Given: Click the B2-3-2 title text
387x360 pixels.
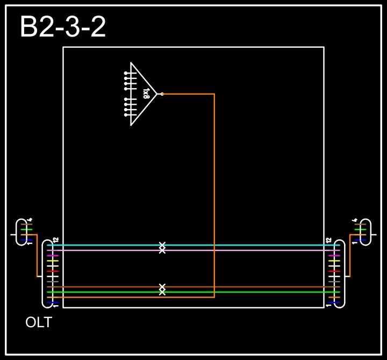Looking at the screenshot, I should [62, 27].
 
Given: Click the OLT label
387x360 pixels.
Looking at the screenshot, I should [39, 323].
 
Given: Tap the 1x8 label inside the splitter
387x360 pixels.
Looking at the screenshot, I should [146, 94].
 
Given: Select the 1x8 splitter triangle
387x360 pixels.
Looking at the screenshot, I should [141, 94].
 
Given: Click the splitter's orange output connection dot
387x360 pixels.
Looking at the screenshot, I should [162, 94].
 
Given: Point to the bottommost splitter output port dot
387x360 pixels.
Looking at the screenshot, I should [126, 115].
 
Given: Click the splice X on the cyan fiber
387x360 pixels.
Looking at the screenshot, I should [162, 245].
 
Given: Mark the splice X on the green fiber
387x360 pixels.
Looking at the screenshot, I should [162, 292].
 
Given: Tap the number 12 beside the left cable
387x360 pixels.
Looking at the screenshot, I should [55, 240].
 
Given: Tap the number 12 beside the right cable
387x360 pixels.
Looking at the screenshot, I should [328, 240].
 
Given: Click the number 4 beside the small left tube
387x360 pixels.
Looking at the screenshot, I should [30, 219].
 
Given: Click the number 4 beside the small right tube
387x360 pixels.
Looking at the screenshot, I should [355, 219].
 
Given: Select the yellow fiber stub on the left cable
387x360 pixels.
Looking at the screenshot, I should [52, 261].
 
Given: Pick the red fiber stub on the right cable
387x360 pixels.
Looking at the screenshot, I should [334, 271].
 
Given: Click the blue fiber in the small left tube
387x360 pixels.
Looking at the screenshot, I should [23, 240].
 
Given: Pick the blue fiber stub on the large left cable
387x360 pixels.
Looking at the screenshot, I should [52, 303].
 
